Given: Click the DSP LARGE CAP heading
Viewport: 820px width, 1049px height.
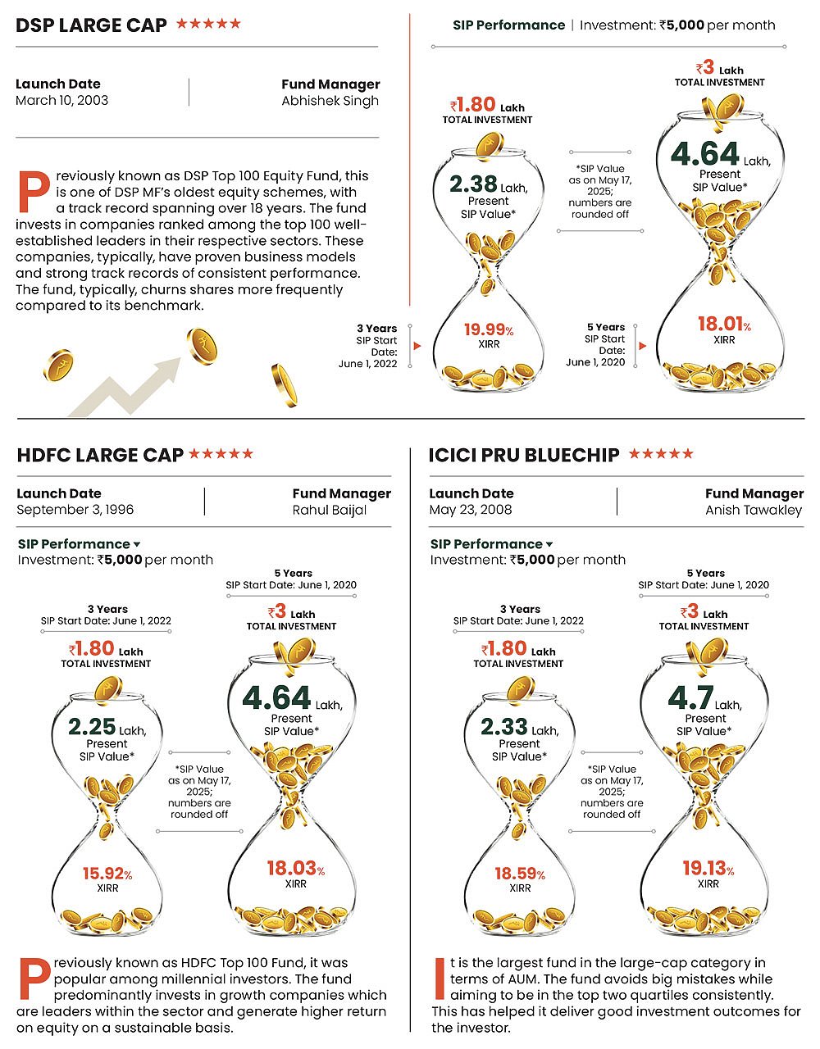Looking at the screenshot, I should [90, 25].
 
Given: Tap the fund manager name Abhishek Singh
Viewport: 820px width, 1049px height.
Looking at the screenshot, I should [330, 101].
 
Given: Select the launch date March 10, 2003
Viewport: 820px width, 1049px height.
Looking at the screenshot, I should [61, 101].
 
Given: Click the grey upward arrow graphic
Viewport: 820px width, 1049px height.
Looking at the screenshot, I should [131, 385].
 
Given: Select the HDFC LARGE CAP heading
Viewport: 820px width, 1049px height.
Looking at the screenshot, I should [100, 456].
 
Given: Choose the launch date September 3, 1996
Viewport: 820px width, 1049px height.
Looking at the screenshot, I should [75, 510].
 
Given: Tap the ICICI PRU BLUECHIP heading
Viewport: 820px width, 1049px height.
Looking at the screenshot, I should [523, 456].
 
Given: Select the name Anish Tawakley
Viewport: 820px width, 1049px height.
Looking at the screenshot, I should [753, 510].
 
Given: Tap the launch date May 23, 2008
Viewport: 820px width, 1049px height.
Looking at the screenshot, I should [470, 510].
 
